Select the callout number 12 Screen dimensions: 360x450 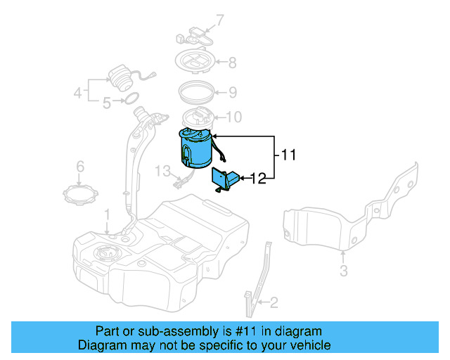click(257, 179)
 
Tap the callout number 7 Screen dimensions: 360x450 click(220, 20)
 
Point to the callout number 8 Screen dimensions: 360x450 click(231, 62)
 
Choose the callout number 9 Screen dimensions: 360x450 click(232, 91)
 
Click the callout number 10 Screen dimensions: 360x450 click(233, 117)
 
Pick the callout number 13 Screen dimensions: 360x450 click(162, 171)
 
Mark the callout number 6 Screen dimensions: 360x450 click(80, 167)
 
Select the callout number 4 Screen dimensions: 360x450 click(78, 91)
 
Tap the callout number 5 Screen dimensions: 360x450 click(106, 103)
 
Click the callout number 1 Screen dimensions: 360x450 click(107, 213)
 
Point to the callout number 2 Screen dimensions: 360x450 click(274, 303)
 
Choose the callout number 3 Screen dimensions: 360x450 click(343, 270)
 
